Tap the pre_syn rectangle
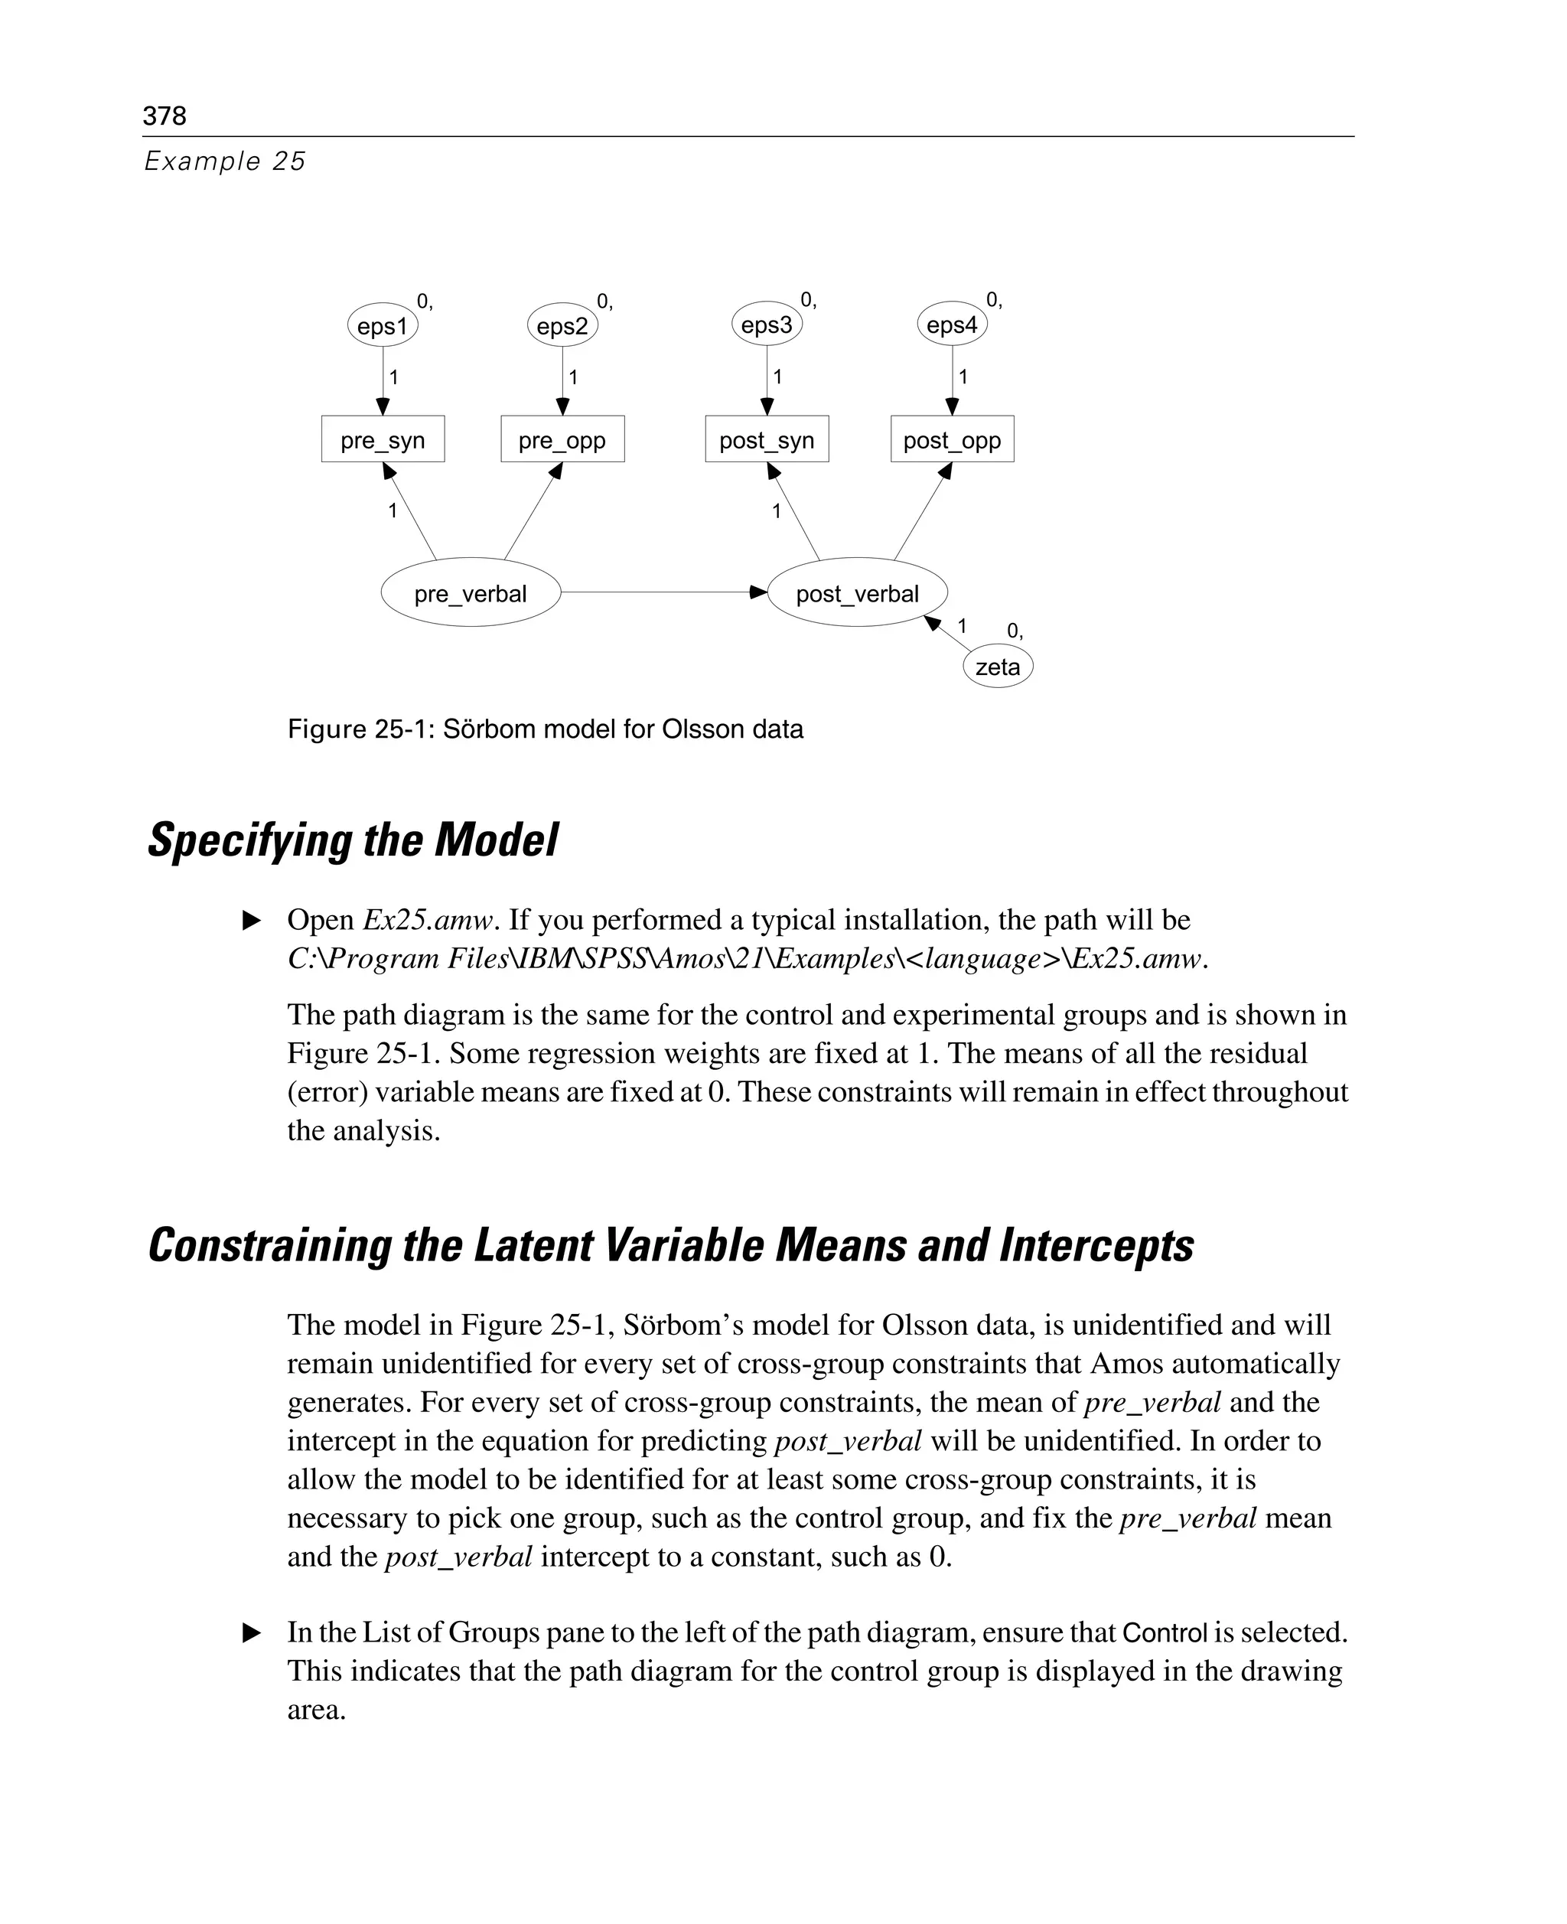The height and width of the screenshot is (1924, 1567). coord(383,440)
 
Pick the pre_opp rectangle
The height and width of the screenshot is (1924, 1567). coord(562,440)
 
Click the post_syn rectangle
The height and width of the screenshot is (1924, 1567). coord(767,440)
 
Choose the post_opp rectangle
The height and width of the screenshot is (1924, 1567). coord(953,440)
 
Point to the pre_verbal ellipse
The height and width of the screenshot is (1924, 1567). coord(471,593)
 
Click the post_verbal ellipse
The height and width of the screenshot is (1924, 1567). coord(857,593)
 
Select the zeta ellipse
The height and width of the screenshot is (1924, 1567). coord(998,667)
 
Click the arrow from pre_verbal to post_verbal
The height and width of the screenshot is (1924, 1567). coord(663,592)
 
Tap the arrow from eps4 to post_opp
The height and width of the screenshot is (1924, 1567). coord(953,379)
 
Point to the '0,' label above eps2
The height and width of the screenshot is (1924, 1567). coord(604,302)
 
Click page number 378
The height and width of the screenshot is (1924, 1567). coord(165,116)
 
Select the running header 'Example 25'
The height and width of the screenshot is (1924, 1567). coord(225,161)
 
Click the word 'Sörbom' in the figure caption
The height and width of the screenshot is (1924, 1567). coord(488,729)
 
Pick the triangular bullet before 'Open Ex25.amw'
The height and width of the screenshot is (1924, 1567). coord(252,921)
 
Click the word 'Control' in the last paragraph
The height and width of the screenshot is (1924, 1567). coord(1165,1633)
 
